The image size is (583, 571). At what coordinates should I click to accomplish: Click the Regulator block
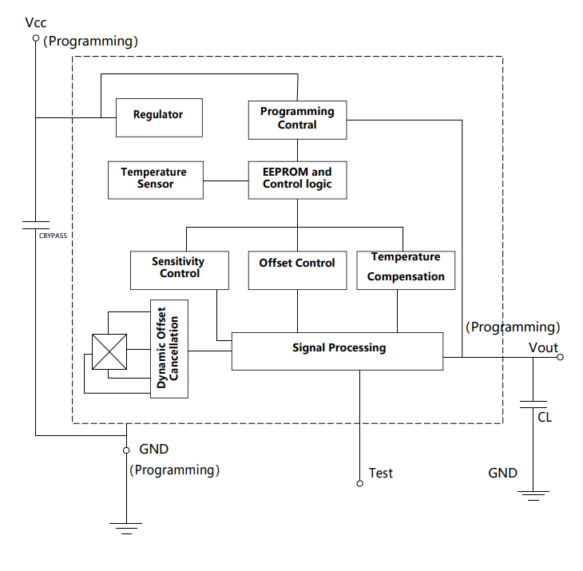158,117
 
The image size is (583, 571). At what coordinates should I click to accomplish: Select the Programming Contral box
297,119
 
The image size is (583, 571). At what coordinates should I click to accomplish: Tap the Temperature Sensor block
154,179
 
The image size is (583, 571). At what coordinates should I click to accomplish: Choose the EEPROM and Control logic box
297,179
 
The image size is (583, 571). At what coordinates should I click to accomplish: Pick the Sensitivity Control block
179,269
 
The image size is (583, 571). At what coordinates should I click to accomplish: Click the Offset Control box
297,269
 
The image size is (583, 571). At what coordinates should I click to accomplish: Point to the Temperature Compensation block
406,269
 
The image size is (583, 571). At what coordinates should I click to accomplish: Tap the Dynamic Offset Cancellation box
169,348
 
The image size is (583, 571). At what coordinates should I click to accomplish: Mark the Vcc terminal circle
35,38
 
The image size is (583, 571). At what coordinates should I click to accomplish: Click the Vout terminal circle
560,357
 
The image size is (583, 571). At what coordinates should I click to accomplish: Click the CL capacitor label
545,417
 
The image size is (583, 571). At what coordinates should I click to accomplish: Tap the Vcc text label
36,23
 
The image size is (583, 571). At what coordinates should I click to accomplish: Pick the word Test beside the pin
381,474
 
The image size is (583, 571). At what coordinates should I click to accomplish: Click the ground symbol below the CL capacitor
533,495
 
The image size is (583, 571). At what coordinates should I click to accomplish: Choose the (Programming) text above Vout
512,327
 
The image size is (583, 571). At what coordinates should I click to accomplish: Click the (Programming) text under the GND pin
174,470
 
